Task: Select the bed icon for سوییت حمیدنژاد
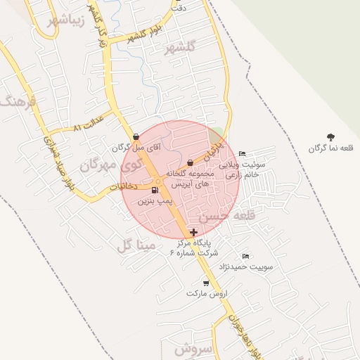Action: coord(245,256)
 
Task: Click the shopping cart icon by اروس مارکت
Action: coord(205,283)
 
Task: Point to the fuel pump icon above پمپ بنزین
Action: coord(154,190)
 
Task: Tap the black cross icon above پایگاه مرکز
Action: coord(193,231)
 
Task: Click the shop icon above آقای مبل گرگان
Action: coord(136,137)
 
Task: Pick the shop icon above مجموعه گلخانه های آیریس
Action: coord(190,162)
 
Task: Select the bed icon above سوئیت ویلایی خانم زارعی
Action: coord(242,154)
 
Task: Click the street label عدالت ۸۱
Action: coord(88,124)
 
